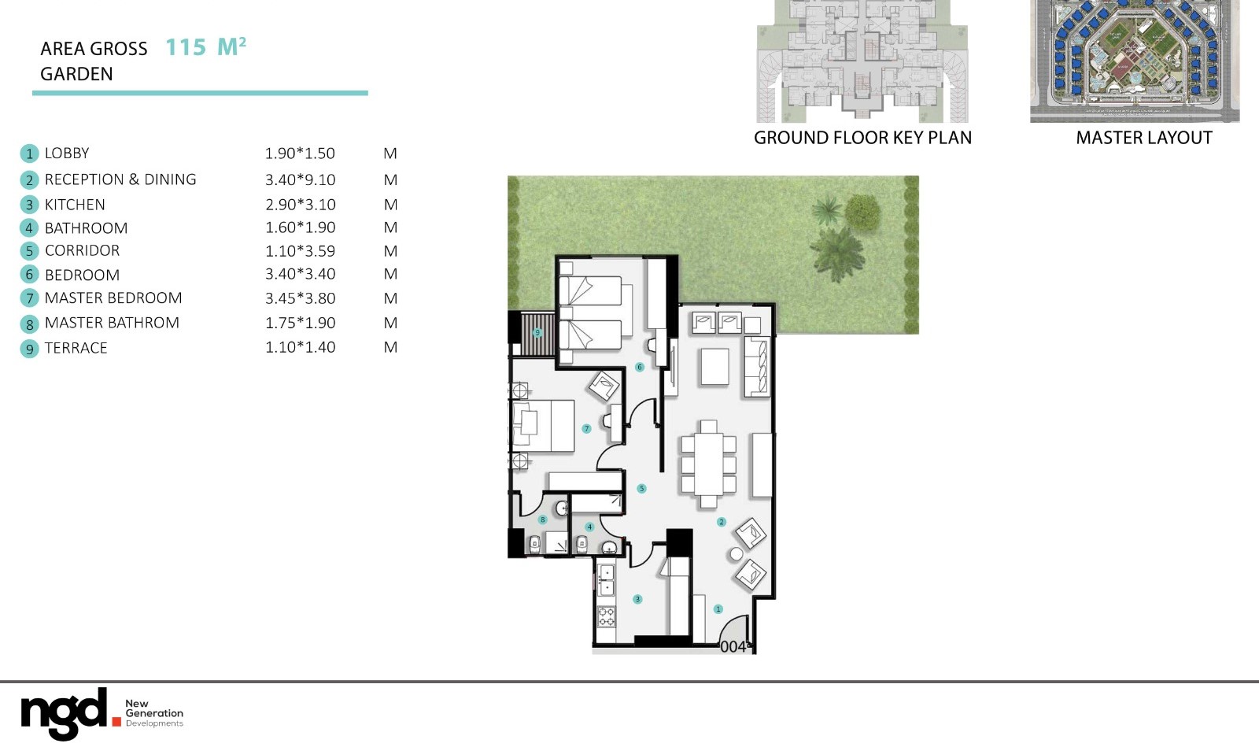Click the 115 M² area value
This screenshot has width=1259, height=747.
coord(205,47)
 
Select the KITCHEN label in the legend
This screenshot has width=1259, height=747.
coord(75,205)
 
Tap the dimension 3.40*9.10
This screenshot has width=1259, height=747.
coord(300,179)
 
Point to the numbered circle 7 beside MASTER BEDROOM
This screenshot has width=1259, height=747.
coord(29,298)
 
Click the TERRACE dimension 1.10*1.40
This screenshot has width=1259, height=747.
coord(300,347)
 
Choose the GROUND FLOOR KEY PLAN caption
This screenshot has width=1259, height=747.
coord(862,138)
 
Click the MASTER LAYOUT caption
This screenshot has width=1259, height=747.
coord(1143,138)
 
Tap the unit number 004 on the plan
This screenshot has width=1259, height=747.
coord(733,646)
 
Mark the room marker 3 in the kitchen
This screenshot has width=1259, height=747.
coord(637,599)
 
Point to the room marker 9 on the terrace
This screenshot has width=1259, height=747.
coord(537,333)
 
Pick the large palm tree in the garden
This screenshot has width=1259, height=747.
coord(836,253)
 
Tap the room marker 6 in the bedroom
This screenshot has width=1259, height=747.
coord(639,367)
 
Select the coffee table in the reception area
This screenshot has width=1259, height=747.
coord(714,367)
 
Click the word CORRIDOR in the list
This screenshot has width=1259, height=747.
coord(82,250)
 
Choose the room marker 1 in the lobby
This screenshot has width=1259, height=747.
coord(718,609)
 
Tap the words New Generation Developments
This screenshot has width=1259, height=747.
coord(154,713)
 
